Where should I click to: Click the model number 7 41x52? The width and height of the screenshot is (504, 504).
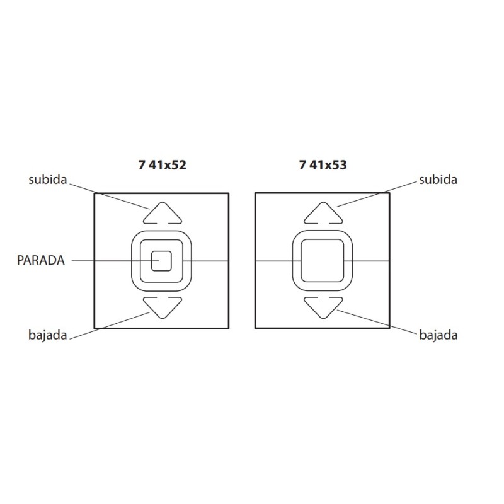(163, 165)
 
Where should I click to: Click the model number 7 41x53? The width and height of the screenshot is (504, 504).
(323, 165)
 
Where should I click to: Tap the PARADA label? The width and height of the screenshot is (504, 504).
(41, 260)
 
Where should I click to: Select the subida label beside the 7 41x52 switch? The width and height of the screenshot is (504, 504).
(48, 180)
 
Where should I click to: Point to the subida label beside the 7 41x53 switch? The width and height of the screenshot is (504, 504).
(438, 180)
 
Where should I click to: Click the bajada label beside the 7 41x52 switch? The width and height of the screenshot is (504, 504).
(48, 335)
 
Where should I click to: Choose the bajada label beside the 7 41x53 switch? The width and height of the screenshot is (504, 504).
(438, 335)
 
